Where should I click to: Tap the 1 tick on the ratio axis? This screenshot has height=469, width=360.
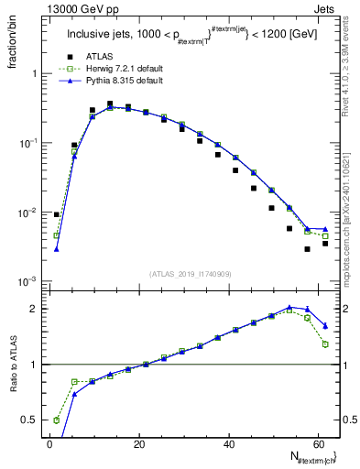coord(35,365)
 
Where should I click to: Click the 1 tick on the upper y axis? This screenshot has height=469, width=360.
coord(35,73)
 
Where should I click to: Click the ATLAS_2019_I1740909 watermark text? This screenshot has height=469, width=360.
coord(190,274)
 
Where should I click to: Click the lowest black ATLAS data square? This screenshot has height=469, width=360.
coord(308,248)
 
